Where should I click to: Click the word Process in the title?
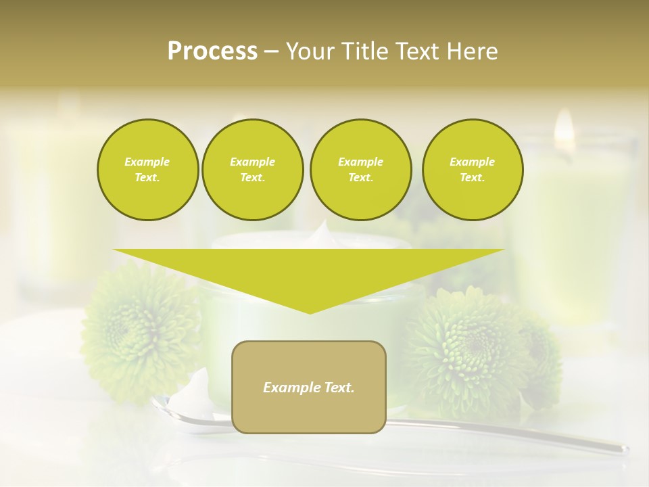(x=212, y=51)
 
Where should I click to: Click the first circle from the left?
(x=147, y=169)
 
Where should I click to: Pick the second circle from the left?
(x=253, y=169)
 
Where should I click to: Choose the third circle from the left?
(x=360, y=169)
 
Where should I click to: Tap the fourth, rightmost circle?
(x=473, y=169)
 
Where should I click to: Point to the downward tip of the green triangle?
(x=310, y=311)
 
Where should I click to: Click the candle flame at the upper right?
(x=564, y=126)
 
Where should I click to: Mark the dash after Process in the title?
(x=271, y=51)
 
